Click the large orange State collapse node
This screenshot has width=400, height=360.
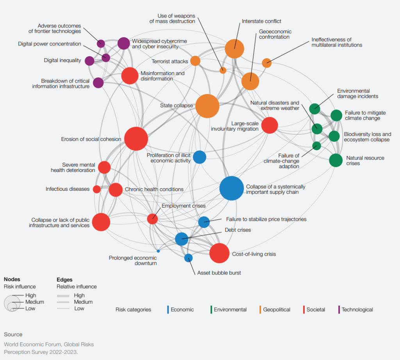pos(207,106)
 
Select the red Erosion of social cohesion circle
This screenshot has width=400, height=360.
pos(136,139)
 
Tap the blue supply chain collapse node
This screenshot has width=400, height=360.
pos(232,188)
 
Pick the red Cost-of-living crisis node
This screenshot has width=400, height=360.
pos(219,253)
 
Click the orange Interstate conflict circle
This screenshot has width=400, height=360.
pos(234,49)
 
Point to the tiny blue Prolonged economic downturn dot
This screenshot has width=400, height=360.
pos(158,251)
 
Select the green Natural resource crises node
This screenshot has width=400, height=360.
pos(336,160)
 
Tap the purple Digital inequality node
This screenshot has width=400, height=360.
pos(89,61)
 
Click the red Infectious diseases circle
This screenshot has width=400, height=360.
pos(97,189)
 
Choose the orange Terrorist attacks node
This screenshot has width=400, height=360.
pos(195,61)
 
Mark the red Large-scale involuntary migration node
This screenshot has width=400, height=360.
pos(270,125)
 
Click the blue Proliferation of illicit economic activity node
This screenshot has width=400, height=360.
pos(199,157)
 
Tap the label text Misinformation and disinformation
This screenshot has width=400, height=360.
pos(162,76)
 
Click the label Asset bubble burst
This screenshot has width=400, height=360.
pos(219,273)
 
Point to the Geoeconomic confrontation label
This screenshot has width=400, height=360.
pos(275,34)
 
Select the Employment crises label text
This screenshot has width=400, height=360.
pos(183,206)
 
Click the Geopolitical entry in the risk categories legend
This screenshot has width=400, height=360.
pos(276,310)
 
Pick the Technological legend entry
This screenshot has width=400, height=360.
pos(357,310)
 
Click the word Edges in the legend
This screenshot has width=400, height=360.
pos(64,279)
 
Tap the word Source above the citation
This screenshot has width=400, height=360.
pos(13,335)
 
